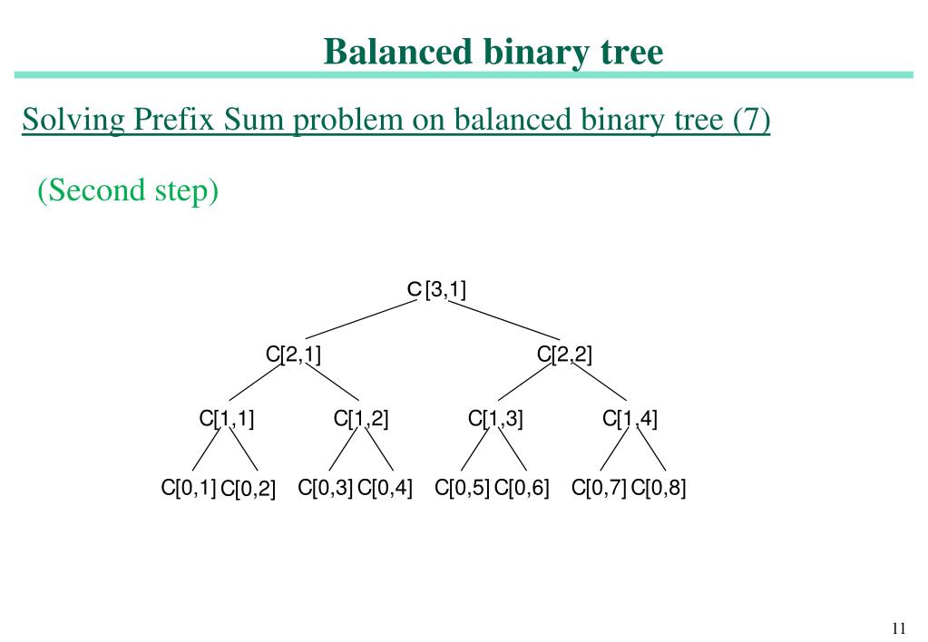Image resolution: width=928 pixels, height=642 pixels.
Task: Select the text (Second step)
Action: coord(128,190)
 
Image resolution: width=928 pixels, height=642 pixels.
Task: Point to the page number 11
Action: coord(899,629)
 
